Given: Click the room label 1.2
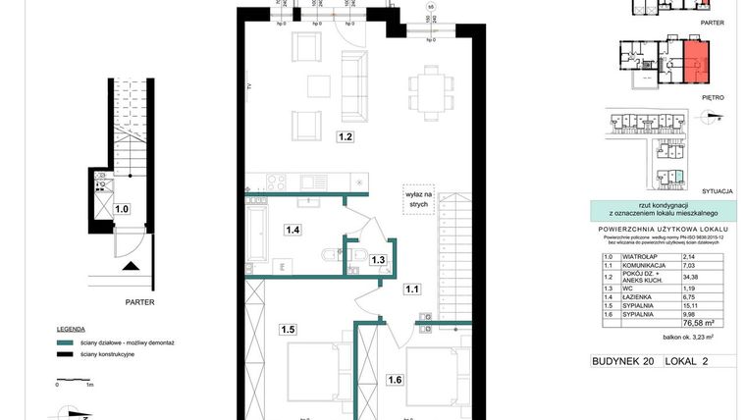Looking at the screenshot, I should pos(345,137).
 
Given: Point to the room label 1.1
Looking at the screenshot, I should pos(413,289).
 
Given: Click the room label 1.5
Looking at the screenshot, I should pos(287,330).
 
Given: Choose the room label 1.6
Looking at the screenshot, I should pos(393,380).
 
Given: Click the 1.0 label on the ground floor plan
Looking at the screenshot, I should pos(122,208).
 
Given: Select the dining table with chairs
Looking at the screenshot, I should pos(431,91).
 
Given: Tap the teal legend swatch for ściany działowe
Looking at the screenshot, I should pos(65,342).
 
